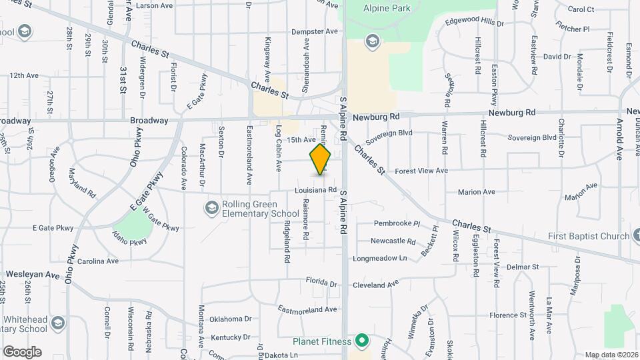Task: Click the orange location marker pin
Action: tap(321, 159)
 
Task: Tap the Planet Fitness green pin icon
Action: tap(362, 342)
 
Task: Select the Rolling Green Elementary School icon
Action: tap(211, 209)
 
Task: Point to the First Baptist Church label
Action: tap(589, 236)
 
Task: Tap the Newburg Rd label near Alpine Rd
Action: tap(376, 117)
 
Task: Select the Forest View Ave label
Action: tap(421, 171)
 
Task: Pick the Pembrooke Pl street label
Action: tap(396, 224)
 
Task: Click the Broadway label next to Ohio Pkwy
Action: tap(149, 121)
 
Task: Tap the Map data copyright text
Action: tap(611, 355)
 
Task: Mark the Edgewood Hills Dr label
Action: tap(475, 23)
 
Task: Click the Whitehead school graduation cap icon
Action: tap(58, 323)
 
